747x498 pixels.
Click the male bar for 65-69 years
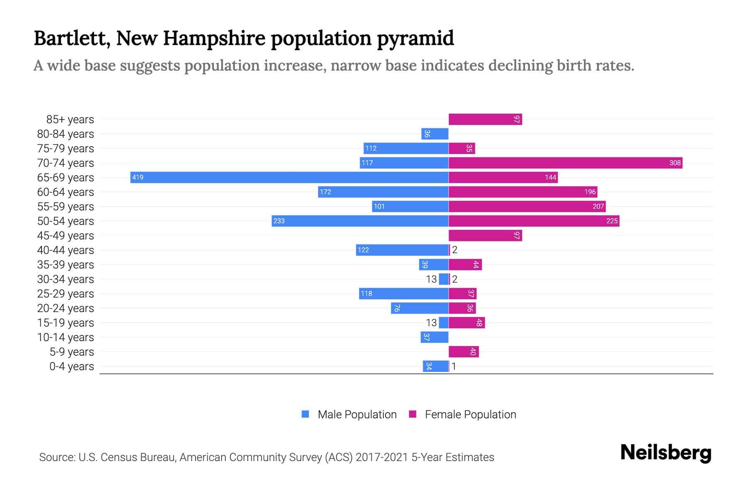289,177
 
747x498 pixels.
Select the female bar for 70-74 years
565,163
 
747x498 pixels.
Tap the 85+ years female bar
485,120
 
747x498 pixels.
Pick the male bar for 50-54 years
360,221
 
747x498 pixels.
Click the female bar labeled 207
527,206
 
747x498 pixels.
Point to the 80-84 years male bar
435,134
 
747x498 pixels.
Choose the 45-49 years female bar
485,235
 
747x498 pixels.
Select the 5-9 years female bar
464,352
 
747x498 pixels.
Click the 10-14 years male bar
435,337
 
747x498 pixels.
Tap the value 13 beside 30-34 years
431,279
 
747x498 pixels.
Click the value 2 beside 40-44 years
455,250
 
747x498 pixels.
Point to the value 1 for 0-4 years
454,366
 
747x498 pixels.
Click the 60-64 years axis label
66,192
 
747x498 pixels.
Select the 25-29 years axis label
66,294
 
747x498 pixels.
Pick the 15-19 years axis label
66,323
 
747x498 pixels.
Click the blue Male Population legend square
305,414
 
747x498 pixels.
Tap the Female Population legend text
470,415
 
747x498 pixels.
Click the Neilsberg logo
666,453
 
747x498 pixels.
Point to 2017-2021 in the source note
381,457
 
